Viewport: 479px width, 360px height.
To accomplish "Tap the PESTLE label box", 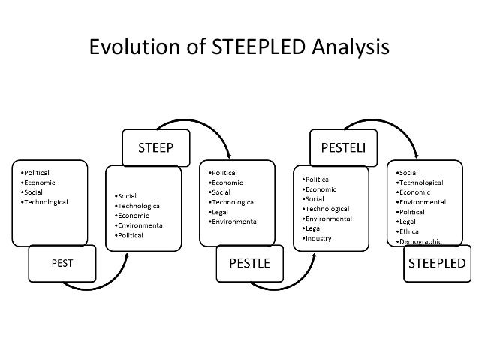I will pyautogui.click(x=250, y=263).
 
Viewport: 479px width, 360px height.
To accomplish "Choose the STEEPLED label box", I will pyautogui.click(x=436, y=263).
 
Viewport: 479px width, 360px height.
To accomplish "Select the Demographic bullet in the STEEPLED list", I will pyautogui.click(x=420, y=241).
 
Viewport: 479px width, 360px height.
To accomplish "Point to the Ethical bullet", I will pyautogui.click(x=413, y=231).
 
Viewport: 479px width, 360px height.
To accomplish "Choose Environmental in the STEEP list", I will pyautogui.click(x=143, y=225).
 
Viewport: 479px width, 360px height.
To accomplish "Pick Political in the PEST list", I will pyautogui.click(x=38, y=172).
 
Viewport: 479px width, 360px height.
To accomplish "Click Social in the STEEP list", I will pyautogui.click(x=128, y=195).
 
